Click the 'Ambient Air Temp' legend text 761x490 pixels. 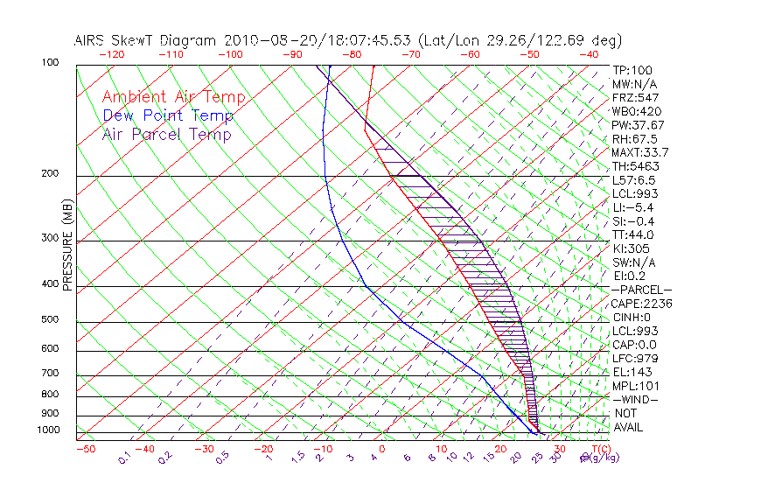pyautogui.click(x=174, y=97)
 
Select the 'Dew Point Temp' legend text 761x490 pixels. pyautogui.click(x=168, y=115)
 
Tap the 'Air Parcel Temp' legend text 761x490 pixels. pyautogui.click(x=167, y=134)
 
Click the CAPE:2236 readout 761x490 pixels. pyautogui.click(x=643, y=304)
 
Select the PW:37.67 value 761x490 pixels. pyautogui.click(x=639, y=125)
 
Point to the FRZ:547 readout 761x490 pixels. pyautogui.click(x=636, y=97)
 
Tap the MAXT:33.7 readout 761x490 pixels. pyautogui.click(x=641, y=153)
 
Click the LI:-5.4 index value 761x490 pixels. pyautogui.click(x=633, y=207)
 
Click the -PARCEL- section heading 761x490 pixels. pyautogui.click(x=642, y=290)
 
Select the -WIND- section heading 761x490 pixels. pyautogui.click(x=636, y=399)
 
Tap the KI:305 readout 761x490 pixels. pyautogui.click(x=631, y=248)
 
